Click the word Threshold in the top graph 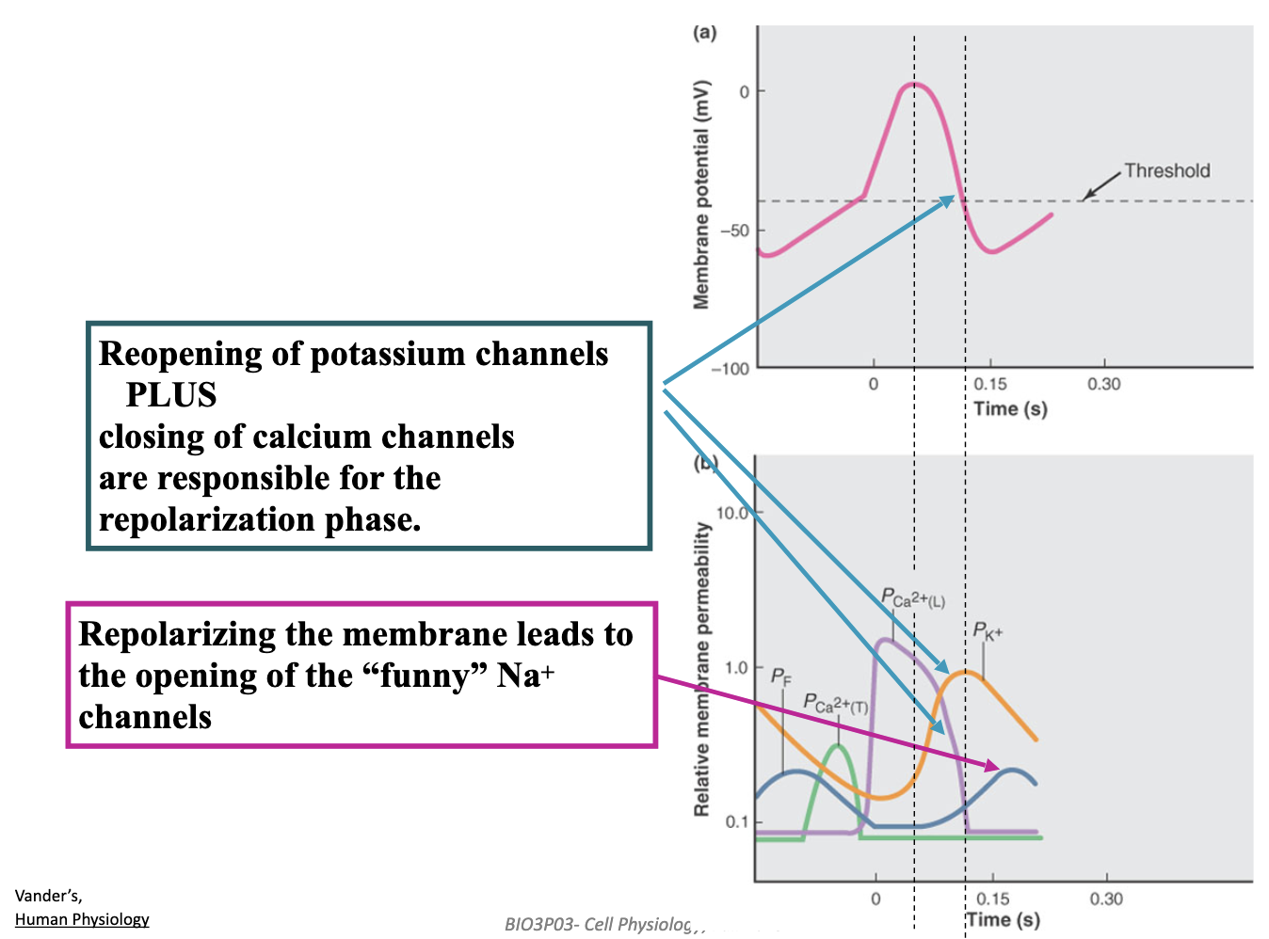pyautogui.click(x=1166, y=170)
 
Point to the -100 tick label pyautogui.click(x=731, y=369)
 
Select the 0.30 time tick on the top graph pyautogui.click(x=1103, y=384)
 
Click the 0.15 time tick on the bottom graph pyautogui.click(x=992, y=899)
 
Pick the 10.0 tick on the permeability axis pyautogui.click(x=732, y=513)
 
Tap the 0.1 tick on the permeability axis pyautogui.click(x=737, y=821)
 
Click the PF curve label pyautogui.click(x=781, y=676)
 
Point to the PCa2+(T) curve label pyautogui.click(x=835, y=703)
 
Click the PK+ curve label pyautogui.click(x=988, y=631)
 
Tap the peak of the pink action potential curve pyautogui.click(x=913, y=85)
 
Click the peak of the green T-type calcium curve pyautogui.click(x=838, y=746)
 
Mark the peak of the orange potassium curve pyautogui.click(x=965, y=672)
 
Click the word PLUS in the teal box pyautogui.click(x=171, y=395)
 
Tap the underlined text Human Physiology pyautogui.click(x=82, y=919)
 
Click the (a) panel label pyautogui.click(x=704, y=33)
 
